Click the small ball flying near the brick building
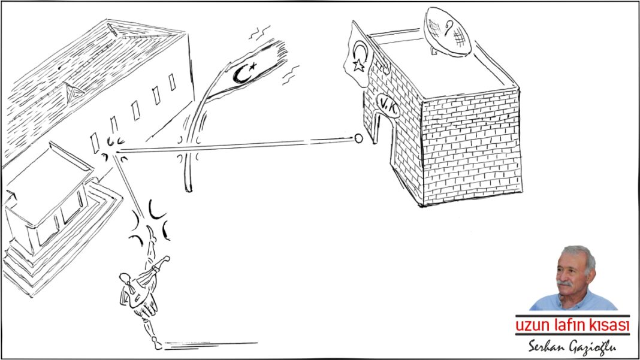click(x=358, y=138)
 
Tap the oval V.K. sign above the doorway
click(x=387, y=106)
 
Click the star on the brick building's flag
click(x=358, y=65)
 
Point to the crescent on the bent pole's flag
click(x=241, y=74)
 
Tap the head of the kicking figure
click(x=125, y=279)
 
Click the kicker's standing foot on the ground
click(x=157, y=345)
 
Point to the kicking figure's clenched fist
click(x=166, y=258)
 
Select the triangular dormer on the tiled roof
click(x=73, y=91)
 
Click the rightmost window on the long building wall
click(x=172, y=82)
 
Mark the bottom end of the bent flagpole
click(x=188, y=189)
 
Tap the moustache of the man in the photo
click(x=564, y=283)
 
